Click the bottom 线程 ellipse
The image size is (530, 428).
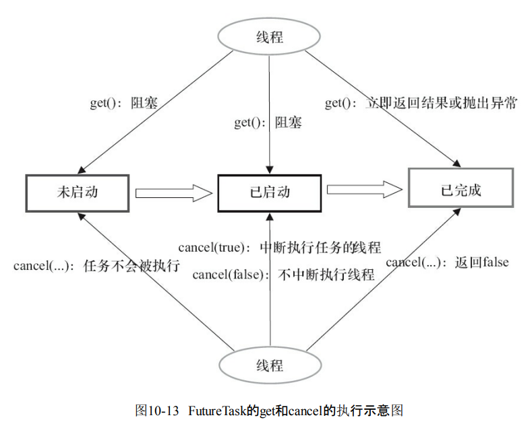coord(269,365)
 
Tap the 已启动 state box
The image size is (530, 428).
coord(269,192)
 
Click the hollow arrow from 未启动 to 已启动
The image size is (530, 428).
coord(173,193)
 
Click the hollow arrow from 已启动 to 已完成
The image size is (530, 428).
coord(365,190)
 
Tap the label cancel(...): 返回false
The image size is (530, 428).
coord(446,262)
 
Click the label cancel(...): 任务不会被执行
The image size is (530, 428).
coord(96,265)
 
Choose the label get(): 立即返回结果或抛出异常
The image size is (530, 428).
coord(421,103)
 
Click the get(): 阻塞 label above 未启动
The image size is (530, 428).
coord(124,103)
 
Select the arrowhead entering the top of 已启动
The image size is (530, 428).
coord(269,170)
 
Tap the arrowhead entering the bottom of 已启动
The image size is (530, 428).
coord(269,215)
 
